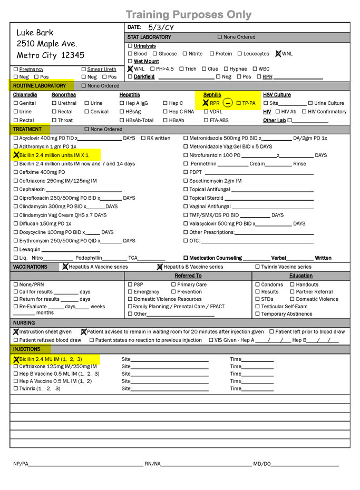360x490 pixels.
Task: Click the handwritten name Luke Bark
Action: click(35, 33)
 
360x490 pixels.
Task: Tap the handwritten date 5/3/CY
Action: click(161, 27)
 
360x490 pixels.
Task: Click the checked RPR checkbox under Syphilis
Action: click(206, 103)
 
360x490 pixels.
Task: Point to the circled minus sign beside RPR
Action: click(227, 103)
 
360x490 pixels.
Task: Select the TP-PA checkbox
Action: click(238, 103)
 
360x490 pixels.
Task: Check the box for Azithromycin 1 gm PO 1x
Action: click(15, 146)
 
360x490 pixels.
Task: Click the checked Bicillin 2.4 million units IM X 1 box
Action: click(15, 155)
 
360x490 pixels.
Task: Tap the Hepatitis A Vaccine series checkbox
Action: click(65, 267)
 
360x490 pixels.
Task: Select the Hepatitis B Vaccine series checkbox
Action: click(160, 267)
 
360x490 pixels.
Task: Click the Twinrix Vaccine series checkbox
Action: click(257, 267)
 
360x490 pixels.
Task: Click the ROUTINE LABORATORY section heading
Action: click(40, 86)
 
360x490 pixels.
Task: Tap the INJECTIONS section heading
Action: click(27, 349)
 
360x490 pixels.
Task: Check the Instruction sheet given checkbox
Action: click(16, 332)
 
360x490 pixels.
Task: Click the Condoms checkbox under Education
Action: click(258, 285)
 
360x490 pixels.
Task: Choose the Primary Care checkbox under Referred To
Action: click(173, 285)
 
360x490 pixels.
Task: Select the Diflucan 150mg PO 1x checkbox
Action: click(15, 224)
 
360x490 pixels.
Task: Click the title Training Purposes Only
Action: click(189, 14)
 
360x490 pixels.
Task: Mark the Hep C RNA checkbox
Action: click(165, 112)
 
